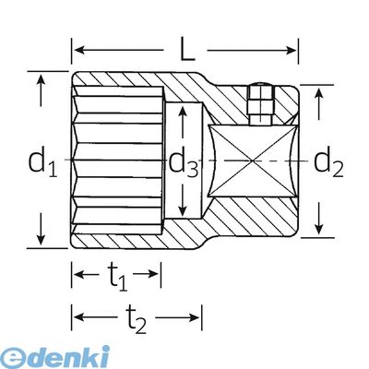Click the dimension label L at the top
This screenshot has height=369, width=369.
coord(187,50)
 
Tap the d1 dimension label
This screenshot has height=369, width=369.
coord(42,161)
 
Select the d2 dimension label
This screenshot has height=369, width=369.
coord(328,161)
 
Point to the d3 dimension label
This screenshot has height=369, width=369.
coord(184,163)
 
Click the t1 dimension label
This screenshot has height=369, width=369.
coord(117,277)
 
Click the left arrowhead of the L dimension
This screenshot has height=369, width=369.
coord(80,50)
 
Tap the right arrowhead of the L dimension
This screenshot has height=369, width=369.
coord(291,50)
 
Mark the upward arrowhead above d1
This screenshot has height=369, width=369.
coord(41,80)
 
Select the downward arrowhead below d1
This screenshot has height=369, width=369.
coord(41,239)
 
